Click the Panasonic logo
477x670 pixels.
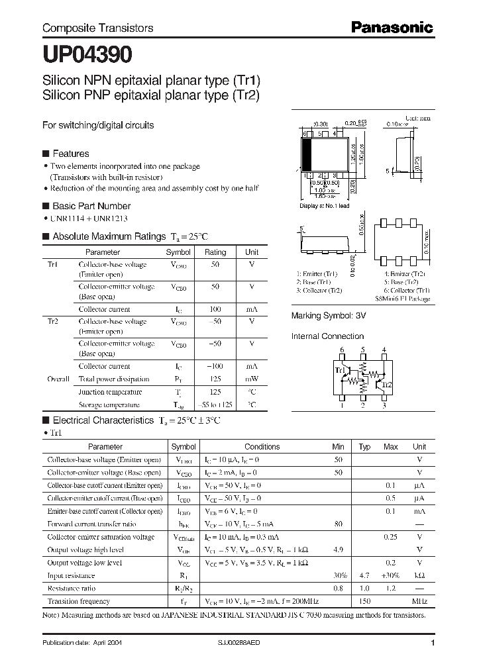[392, 28]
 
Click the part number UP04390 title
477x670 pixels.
[87, 54]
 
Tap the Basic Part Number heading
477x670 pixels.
[91, 206]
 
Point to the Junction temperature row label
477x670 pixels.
[109, 392]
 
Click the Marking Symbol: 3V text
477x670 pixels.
[329, 316]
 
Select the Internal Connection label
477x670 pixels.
[327, 336]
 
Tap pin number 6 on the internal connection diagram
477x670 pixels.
[342, 350]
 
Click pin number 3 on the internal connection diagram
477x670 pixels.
[384, 406]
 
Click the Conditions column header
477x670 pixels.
[262, 447]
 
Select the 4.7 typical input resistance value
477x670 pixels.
[364, 575]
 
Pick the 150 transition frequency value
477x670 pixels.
[364, 601]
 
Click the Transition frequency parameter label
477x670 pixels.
[78, 601]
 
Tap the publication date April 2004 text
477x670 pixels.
[81, 643]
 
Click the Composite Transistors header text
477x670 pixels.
[97, 28]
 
